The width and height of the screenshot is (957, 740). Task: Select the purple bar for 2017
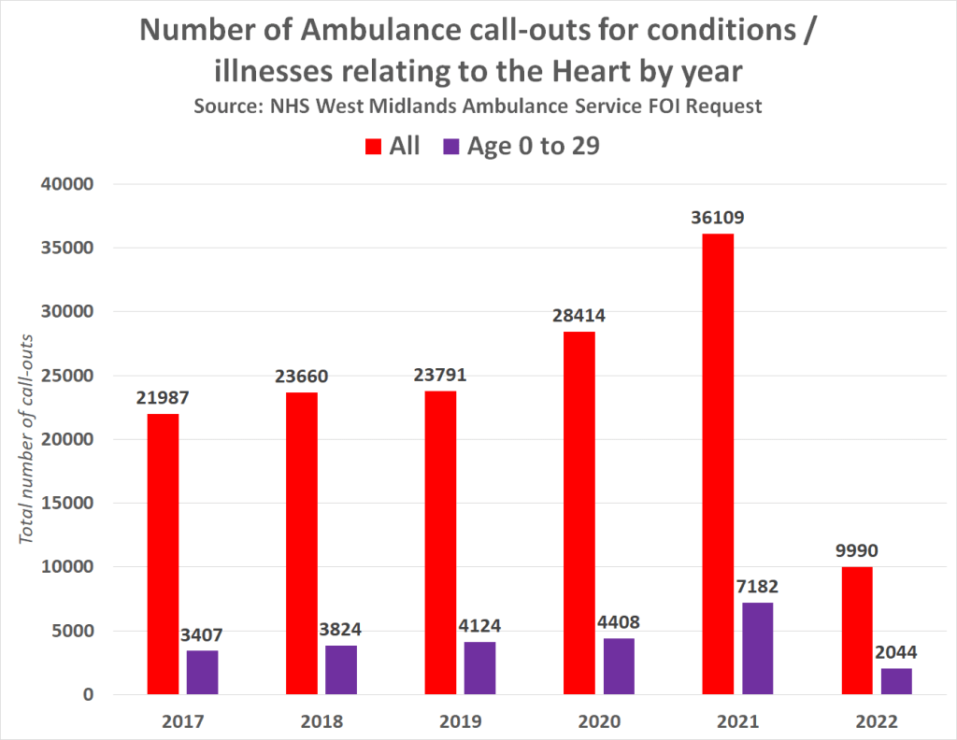(202, 672)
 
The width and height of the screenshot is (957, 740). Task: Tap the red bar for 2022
(857, 630)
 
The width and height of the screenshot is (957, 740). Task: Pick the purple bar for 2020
(619, 665)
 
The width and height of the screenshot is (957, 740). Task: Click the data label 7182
(758, 587)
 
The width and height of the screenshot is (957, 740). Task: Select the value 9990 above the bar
(857, 550)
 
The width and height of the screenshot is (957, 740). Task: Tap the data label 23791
(440, 376)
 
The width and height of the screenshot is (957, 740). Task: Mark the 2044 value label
(895, 652)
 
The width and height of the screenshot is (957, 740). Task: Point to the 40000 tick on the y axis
(68, 184)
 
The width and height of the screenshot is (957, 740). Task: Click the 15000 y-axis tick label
(68, 503)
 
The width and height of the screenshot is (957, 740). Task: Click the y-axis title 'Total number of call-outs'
(28, 438)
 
